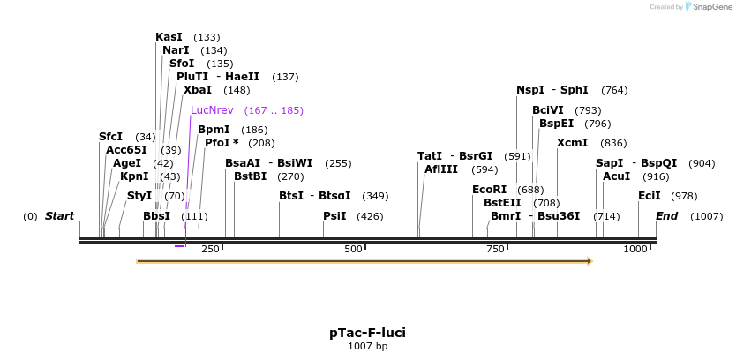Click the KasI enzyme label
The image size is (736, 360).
169,37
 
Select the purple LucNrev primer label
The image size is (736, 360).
212,110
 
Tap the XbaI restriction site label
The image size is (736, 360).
198,90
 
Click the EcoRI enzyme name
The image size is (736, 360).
490,190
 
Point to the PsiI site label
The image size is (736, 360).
334,216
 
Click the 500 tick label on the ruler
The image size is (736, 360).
353,250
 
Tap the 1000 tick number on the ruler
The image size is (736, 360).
635,250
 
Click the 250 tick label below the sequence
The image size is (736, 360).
210,250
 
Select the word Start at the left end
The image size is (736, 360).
59,216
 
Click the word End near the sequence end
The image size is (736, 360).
666,216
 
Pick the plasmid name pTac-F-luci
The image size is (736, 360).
367,333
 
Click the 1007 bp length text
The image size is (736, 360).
367,347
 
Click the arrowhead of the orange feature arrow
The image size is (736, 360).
589,261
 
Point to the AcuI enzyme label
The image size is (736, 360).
616,176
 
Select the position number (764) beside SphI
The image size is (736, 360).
614,90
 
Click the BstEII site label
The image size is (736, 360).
502,203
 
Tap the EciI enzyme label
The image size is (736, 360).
650,196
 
